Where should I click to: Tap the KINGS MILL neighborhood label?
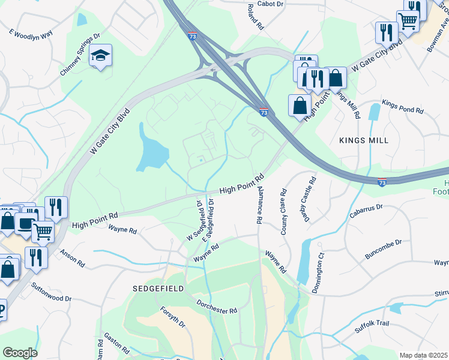point(364,140)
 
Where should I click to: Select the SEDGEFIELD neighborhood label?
point(157,289)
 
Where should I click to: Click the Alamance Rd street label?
point(259,205)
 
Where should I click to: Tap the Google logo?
point(20,353)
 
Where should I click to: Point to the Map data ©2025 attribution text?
point(423,355)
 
